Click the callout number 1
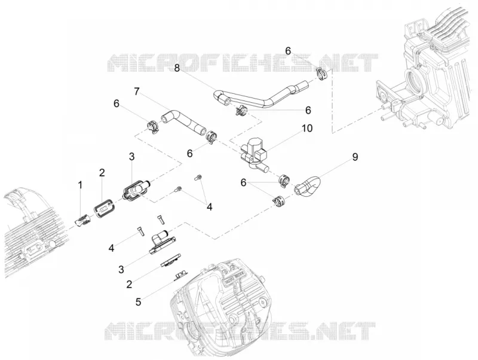tap(80, 185)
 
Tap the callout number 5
tap(139, 302)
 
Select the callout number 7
tap(137, 91)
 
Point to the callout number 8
tap(177, 68)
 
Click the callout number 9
tap(355, 157)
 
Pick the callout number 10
tap(307, 129)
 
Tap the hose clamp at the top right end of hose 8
tap(321, 73)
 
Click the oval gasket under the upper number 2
tap(103, 208)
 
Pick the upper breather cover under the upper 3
tap(136, 191)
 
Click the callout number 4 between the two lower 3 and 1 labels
tap(112, 248)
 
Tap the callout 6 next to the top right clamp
tap(288, 51)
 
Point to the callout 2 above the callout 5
tap(129, 284)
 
